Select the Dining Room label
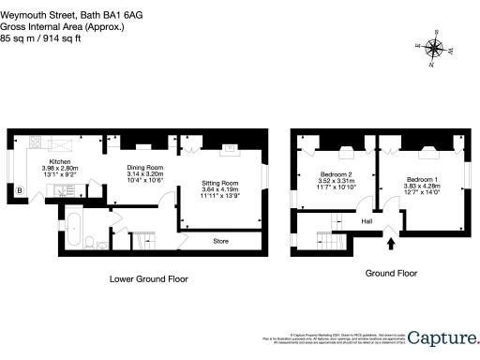tap(145, 167)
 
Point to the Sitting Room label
tap(220, 183)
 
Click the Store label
tap(220, 240)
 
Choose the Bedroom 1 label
tap(423, 178)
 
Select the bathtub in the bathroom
tap(71, 226)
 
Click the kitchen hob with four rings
tap(35, 142)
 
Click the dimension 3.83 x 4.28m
tap(423, 186)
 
